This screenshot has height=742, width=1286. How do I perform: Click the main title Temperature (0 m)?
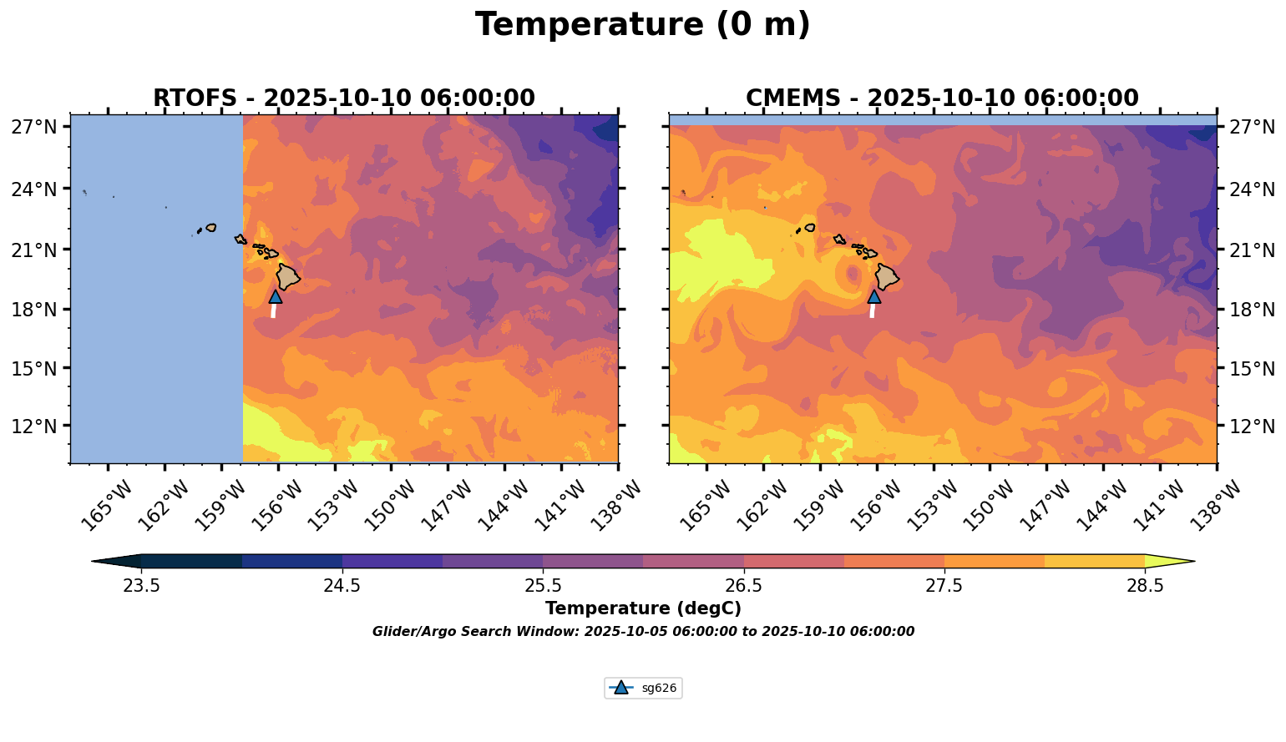642,25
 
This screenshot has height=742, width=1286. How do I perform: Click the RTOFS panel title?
343,98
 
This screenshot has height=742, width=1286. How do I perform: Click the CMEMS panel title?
941,98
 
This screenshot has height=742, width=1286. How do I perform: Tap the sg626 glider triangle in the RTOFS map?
276,296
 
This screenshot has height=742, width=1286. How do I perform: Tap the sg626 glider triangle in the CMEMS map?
874,296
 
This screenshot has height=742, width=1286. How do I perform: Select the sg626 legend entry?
643,689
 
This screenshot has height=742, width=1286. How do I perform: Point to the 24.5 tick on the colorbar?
342,585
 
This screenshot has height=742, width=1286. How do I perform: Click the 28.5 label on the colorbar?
1145,585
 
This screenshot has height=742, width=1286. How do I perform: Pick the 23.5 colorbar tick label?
142,585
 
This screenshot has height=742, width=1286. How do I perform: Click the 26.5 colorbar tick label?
743,585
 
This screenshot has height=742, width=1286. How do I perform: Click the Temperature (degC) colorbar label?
643,608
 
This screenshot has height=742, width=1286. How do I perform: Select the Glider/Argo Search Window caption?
643,632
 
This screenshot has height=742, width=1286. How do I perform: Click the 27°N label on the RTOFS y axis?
34,127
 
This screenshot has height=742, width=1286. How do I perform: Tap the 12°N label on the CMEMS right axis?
1252,427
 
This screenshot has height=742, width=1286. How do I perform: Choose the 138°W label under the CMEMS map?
1215,503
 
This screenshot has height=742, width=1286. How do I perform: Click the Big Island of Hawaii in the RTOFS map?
288,276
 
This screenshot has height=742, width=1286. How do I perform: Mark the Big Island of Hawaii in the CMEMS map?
886,276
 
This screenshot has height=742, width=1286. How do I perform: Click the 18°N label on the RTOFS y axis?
34,310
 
